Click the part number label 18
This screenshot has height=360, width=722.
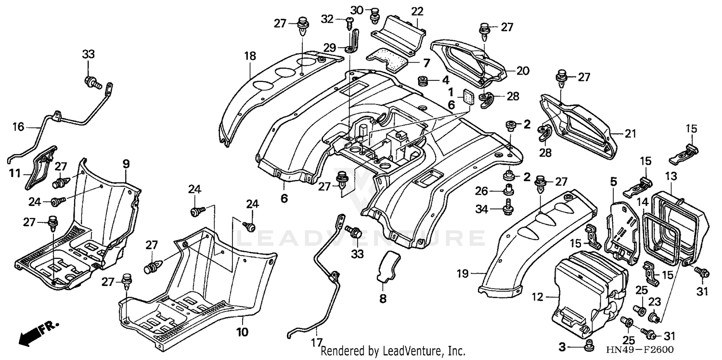[x=249, y=56]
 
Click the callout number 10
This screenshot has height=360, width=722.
[x=242, y=332]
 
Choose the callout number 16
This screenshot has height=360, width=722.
[x=18, y=128]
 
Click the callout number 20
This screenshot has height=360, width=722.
[x=523, y=71]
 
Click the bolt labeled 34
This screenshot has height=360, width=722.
[x=507, y=209]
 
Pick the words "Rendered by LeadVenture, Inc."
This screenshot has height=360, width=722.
[x=393, y=351]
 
